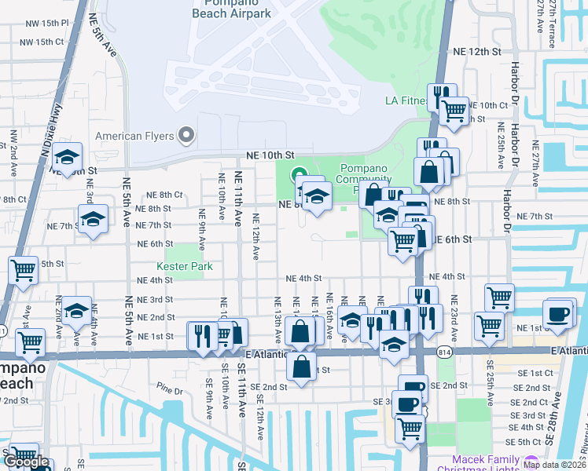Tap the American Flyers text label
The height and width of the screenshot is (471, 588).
coord(134,136)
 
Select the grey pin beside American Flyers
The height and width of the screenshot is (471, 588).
coord(186,136)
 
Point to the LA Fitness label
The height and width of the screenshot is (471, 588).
coord(406,100)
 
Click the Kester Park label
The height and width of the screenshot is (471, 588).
coord(190,267)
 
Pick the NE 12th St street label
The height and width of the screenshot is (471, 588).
coord(477,51)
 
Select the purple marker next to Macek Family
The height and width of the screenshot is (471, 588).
coord(531,462)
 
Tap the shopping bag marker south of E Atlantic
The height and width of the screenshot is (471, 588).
coord(302,365)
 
